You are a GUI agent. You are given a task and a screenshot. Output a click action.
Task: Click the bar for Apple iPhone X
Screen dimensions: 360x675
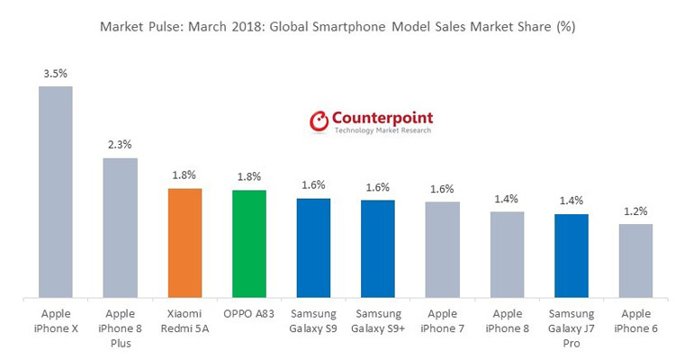click(55, 191)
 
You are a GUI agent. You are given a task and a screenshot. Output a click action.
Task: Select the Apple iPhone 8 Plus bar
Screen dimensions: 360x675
click(120, 227)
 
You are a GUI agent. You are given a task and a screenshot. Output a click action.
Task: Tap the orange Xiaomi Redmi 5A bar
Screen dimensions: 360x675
click(184, 242)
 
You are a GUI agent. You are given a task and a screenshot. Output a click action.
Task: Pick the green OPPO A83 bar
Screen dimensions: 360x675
click(249, 243)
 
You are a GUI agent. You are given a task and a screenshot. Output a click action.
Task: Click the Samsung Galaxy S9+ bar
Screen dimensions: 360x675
click(378, 247)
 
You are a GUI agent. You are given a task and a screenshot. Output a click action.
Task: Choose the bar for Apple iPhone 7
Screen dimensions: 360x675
click(443, 248)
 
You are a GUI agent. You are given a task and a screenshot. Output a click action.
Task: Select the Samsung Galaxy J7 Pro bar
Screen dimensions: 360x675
click(571, 255)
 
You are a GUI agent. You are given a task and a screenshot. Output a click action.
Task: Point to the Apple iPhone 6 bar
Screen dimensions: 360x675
click(636, 260)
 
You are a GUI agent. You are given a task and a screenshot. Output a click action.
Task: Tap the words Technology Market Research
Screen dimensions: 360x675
click(382, 130)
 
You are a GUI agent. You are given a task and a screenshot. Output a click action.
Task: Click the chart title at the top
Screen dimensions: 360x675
click(337, 27)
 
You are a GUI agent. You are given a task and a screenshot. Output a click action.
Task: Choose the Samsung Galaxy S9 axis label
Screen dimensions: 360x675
click(313, 319)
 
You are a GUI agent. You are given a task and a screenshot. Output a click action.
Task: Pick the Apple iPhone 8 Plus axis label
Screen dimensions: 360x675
click(120, 327)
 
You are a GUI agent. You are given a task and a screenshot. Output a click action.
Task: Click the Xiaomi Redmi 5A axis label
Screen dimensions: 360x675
click(184, 319)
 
